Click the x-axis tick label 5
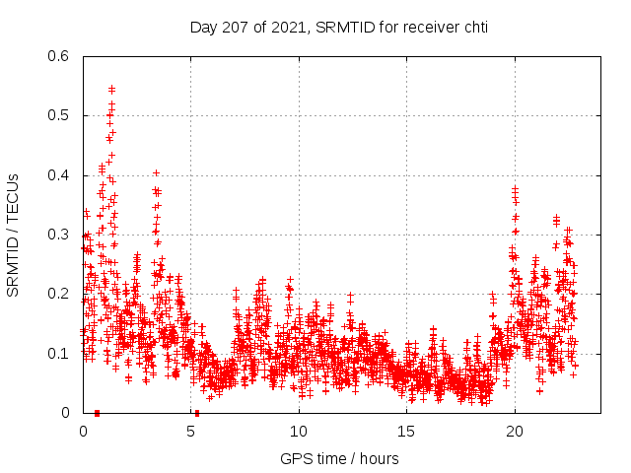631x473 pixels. (x=191, y=432)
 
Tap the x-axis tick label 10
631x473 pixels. (x=299, y=432)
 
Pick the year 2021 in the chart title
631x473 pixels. (x=286, y=28)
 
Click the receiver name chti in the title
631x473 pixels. (x=472, y=28)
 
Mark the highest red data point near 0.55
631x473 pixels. (x=111, y=89)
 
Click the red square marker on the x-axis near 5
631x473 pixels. (x=197, y=413)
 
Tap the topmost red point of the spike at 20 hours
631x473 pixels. (x=515, y=187)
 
